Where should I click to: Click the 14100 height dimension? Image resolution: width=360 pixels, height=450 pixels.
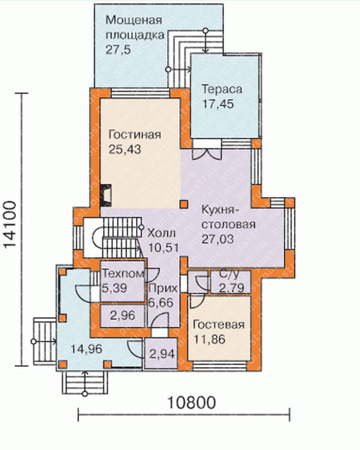(10, 224)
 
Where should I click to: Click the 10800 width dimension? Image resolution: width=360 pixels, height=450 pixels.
(191, 402)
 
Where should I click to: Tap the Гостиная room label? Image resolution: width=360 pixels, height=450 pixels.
(135, 135)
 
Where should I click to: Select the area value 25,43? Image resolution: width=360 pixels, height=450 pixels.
(125, 149)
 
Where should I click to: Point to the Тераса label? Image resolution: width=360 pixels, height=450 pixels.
(222, 89)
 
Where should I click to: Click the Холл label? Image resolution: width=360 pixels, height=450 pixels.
(161, 233)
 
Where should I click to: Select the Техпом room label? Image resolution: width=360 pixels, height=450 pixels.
(123, 273)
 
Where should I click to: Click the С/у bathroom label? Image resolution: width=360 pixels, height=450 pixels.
(229, 275)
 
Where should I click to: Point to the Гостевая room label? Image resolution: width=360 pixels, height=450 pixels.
(219, 325)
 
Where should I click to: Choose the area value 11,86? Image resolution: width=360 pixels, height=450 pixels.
(209, 340)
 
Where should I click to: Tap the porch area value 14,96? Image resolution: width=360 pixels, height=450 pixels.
(86, 349)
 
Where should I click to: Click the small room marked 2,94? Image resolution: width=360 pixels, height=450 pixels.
(162, 354)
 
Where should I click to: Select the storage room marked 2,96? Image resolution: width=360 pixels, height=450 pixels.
(122, 315)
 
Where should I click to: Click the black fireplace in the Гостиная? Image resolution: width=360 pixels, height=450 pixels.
(106, 195)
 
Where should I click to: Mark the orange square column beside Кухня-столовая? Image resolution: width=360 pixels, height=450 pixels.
(184, 204)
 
